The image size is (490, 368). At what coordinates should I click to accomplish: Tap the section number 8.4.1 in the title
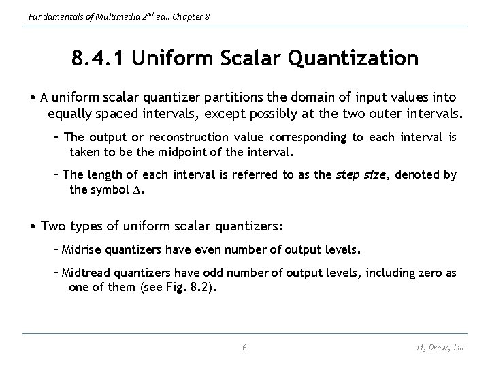[99, 58]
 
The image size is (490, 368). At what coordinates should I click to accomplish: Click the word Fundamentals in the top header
[48, 15]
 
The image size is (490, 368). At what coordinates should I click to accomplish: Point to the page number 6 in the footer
[245, 348]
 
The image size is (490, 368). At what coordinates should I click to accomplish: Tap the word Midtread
[88, 273]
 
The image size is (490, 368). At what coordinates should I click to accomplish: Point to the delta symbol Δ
[140, 189]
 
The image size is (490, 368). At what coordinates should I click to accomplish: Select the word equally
[70, 112]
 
